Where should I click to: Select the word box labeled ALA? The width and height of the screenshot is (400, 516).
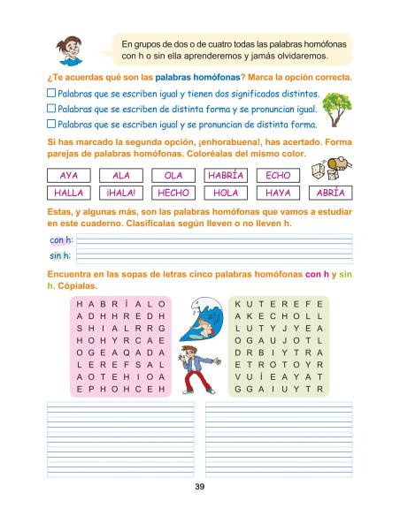coord(121,175)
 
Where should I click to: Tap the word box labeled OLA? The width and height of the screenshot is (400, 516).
coord(173,175)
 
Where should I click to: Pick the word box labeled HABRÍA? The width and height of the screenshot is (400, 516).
coord(226,175)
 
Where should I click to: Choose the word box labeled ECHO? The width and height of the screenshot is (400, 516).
coord(278,175)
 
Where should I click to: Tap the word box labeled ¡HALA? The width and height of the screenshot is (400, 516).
coord(121,192)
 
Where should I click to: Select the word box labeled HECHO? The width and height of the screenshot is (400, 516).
coord(173,192)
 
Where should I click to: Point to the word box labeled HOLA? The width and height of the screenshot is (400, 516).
coord(226,192)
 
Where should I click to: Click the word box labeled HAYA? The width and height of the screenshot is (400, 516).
coord(278,192)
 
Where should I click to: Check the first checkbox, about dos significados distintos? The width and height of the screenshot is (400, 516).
coord(50,93)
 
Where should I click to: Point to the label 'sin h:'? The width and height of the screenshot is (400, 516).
coord(58,256)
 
